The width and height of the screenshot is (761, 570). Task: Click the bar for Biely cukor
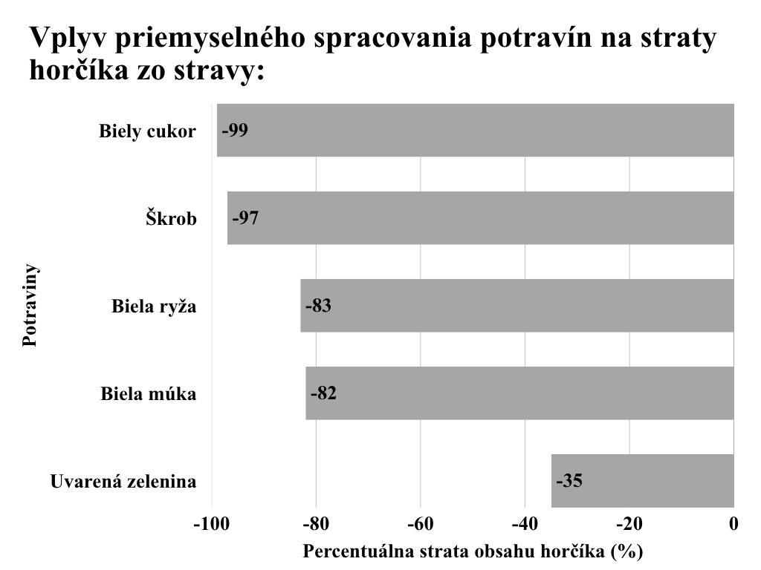[476, 131]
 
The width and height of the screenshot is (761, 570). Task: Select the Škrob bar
[480, 218]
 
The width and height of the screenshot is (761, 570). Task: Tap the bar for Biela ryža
[517, 306]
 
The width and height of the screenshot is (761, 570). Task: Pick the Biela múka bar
[520, 393]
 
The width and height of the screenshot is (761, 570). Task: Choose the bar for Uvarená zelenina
[643, 480]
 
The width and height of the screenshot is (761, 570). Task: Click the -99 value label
[234, 131]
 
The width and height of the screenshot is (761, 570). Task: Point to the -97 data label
[245, 218]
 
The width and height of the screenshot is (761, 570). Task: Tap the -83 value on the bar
[317, 306]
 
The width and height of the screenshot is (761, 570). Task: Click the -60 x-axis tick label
[421, 524]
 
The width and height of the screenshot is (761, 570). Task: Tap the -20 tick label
[629, 524]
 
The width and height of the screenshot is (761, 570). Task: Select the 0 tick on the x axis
[734, 524]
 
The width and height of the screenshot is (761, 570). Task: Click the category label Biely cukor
[147, 132]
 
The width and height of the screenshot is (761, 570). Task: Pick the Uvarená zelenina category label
[123, 482]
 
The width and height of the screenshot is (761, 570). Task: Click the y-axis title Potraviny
[30, 306]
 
